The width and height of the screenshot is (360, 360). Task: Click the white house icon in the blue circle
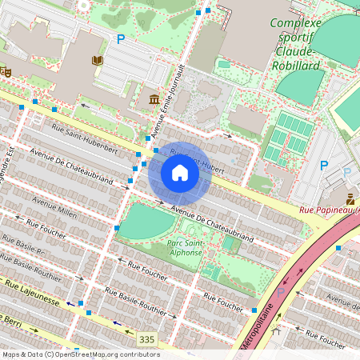180,173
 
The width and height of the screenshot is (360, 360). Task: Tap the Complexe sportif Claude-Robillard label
295,43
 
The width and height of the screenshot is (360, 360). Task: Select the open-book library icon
98,60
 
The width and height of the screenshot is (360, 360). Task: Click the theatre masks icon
5,71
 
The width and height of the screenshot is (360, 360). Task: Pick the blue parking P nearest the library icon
121,38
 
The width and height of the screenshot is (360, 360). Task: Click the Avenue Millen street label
54,208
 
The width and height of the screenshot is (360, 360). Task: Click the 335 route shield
146,339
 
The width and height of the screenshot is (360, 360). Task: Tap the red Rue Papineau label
328,210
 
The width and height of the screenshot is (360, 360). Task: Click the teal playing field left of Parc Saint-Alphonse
146,222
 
